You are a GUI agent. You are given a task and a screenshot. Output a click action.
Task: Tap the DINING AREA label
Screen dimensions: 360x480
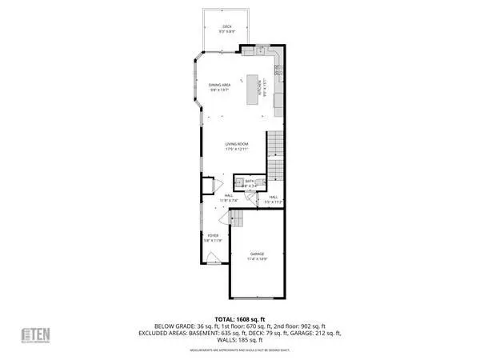click(x=219, y=85)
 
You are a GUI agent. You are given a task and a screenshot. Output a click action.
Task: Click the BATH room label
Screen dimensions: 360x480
click(x=250, y=182)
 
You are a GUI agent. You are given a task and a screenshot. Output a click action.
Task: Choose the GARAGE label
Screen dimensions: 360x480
click(x=257, y=254)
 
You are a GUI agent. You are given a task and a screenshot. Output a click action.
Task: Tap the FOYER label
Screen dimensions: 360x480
click(x=214, y=236)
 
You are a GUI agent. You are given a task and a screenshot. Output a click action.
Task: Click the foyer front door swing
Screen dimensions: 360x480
click(x=213, y=257)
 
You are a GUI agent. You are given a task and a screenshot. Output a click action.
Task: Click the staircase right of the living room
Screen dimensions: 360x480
click(x=274, y=156)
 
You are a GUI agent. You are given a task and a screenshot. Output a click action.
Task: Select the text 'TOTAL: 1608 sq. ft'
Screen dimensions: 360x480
click(x=240, y=319)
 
